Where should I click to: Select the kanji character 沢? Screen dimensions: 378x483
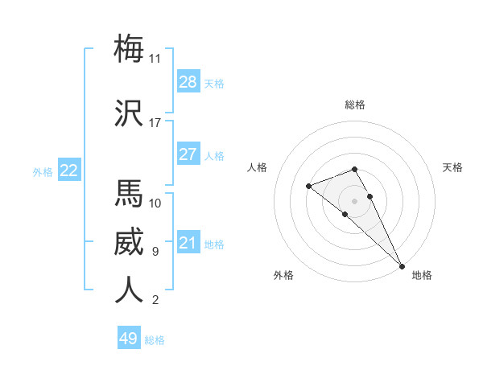(x=129, y=113)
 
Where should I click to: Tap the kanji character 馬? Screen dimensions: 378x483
(x=129, y=193)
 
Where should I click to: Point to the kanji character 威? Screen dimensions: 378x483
(x=129, y=241)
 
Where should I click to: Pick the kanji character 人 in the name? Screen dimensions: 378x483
(x=129, y=290)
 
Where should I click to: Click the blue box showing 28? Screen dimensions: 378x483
(x=188, y=82)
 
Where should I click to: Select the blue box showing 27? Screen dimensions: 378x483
(x=188, y=154)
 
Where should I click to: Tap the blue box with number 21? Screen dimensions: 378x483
(x=188, y=243)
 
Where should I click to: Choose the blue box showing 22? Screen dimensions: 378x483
(x=69, y=171)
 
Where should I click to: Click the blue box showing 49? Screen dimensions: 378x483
(x=129, y=339)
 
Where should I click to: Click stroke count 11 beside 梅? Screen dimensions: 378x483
(x=155, y=59)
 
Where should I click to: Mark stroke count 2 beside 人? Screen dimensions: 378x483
(x=155, y=301)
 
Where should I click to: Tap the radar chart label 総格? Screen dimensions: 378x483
(x=355, y=105)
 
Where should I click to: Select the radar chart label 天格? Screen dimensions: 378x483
(x=452, y=167)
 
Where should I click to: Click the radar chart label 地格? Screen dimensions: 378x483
(x=422, y=276)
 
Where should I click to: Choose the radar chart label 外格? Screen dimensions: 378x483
(x=283, y=276)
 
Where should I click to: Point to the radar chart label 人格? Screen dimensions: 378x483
(x=258, y=167)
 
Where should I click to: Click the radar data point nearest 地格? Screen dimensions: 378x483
(x=402, y=265)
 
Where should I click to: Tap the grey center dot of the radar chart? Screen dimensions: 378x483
(x=355, y=200)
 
